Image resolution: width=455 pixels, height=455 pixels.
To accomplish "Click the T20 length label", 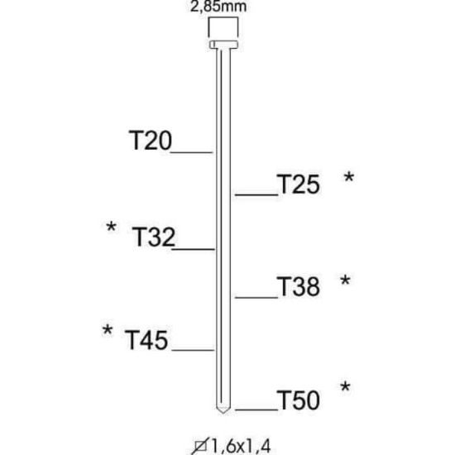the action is tap(150, 140).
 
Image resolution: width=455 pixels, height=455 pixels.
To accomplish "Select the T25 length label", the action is tap(299, 184).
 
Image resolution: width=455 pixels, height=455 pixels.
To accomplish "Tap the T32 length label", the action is tap(154, 237).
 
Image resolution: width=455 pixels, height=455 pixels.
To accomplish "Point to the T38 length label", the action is tap(299, 286).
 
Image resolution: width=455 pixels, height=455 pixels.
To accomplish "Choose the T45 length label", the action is tap(146, 340).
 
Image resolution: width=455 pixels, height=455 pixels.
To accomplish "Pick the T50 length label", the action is tap(299, 400).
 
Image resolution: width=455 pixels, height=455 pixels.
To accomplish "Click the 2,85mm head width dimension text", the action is tap(218, 7).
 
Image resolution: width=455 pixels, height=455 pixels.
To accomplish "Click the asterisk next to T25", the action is tap(349, 176).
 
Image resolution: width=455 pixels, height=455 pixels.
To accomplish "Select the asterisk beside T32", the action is tap(111, 227).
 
